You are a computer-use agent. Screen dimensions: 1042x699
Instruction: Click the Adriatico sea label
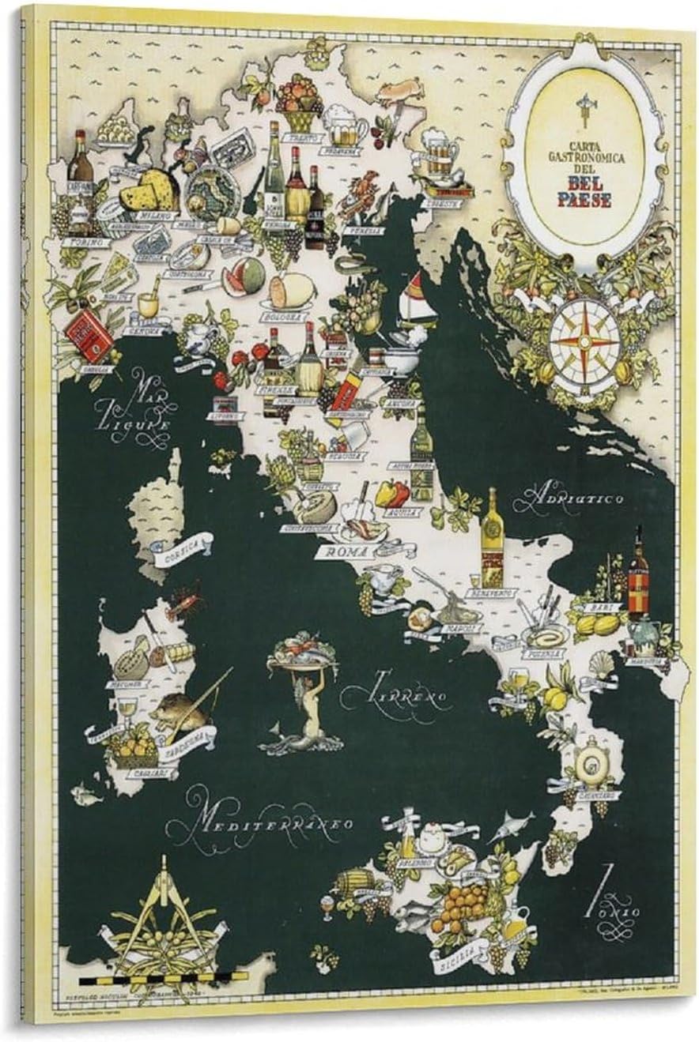pyautogui.click(x=579, y=498)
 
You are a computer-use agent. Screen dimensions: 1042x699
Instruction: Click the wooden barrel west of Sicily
pyautogui.click(x=351, y=881)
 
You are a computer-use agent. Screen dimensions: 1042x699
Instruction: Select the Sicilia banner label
pyautogui.click(x=455, y=956)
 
